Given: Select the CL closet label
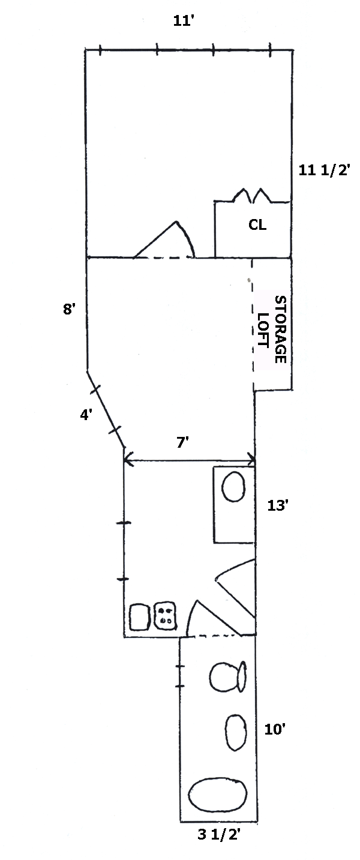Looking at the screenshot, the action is tap(257, 226).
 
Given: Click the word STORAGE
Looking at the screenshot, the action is tap(280, 329).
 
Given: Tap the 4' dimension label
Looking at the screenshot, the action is tap(86, 413).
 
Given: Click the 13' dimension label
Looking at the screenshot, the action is tap(278, 506).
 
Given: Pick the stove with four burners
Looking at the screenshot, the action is tap(166, 615).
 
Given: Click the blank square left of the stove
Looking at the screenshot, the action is tap(139, 616).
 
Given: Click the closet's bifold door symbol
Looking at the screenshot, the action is tap(251, 196).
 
